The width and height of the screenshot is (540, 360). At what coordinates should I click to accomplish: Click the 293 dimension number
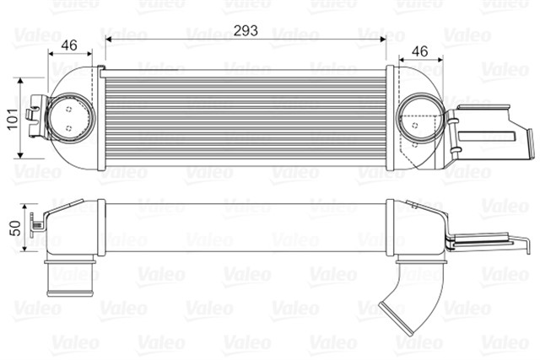point(246,30)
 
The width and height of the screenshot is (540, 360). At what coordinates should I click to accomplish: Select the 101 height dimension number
point(10,119)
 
